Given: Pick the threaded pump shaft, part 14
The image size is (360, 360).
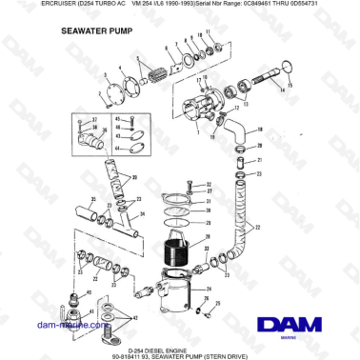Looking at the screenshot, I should [269, 77].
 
